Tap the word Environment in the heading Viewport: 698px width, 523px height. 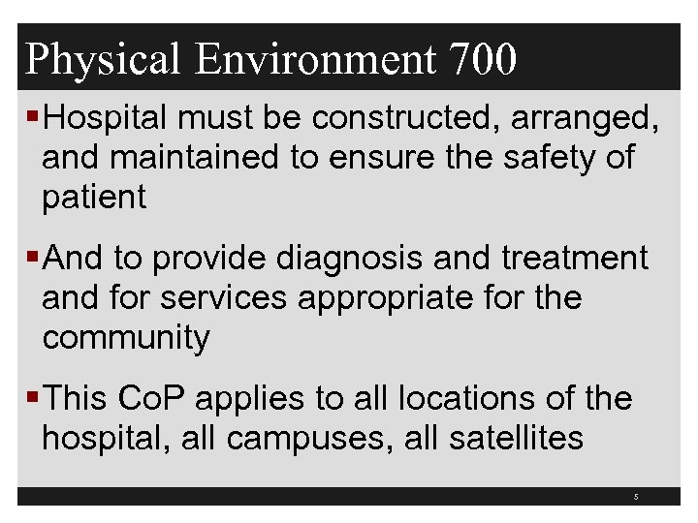[x=316, y=60]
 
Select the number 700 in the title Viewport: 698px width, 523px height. [x=483, y=60]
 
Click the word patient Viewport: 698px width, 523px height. [x=94, y=198]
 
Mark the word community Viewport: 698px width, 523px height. [x=126, y=339]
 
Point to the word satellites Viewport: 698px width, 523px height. [x=517, y=438]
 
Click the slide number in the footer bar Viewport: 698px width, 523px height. [x=636, y=497]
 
